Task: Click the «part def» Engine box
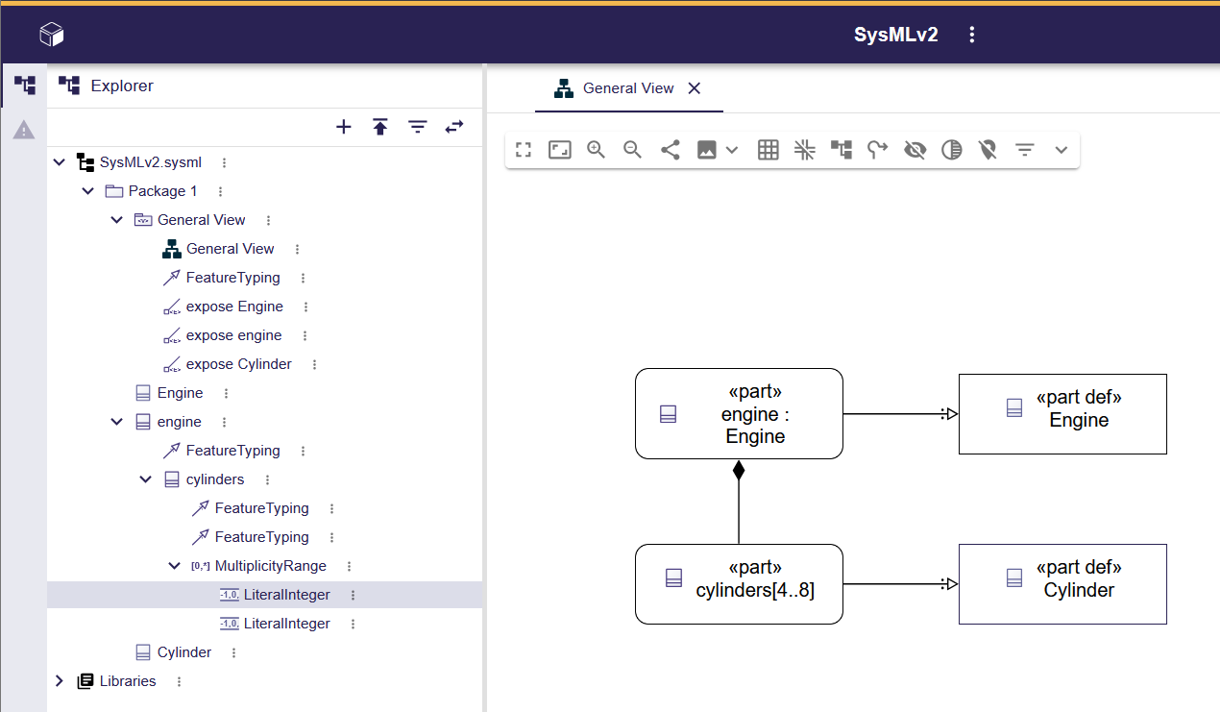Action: pos(1062,414)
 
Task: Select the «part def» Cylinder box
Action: pos(1062,584)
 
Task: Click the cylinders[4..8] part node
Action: pos(739,584)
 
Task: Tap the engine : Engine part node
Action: pos(739,414)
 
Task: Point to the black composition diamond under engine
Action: pos(739,471)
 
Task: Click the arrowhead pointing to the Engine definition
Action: pos(950,414)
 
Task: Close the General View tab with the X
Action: pos(695,88)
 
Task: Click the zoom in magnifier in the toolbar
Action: pos(597,150)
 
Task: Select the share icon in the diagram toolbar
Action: pos(671,150)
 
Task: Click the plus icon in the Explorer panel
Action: pos(344,127)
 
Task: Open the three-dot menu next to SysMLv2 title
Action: pos(972,36)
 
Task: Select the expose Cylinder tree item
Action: pos(238,364)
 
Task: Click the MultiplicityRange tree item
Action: pos(270,566)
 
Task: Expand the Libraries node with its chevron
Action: pos(60,681)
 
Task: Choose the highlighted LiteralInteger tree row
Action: pos(286,595)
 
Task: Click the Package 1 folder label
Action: pos(162,191)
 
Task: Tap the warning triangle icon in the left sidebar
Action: pos(24,130)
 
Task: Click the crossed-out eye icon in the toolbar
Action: pos(915,150)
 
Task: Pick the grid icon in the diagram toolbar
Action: pos(769,150)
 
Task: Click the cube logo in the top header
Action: pos(52,36)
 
